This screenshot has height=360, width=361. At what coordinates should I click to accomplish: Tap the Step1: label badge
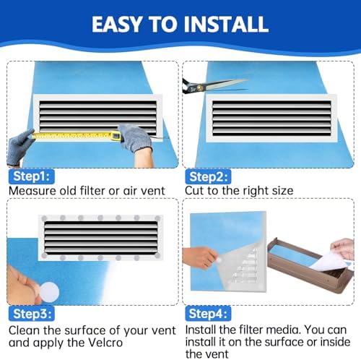[x=31, y=175]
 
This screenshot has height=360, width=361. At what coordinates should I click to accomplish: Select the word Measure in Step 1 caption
[x=30, y=190]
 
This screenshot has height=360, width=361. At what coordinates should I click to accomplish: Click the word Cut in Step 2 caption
[x=197, y=190]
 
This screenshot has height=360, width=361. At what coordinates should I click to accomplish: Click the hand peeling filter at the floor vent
[x=343, y=249]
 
